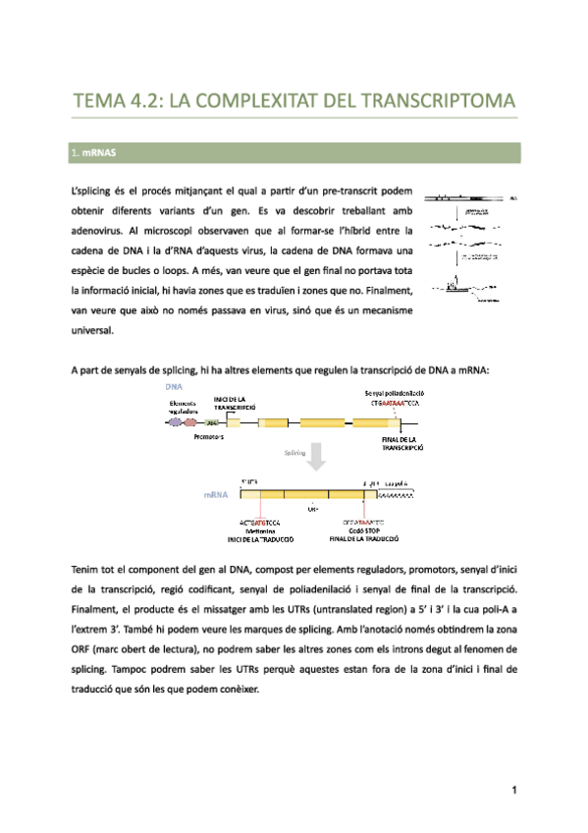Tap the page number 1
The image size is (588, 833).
click(513, 790)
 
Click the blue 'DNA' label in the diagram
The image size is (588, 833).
click(174, 386)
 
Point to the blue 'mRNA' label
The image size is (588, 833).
click(216, 495)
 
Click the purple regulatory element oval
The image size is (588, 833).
click(177, 421)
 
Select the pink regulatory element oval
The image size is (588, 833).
click(190, 421)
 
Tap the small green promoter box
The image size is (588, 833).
click(210, 422)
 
